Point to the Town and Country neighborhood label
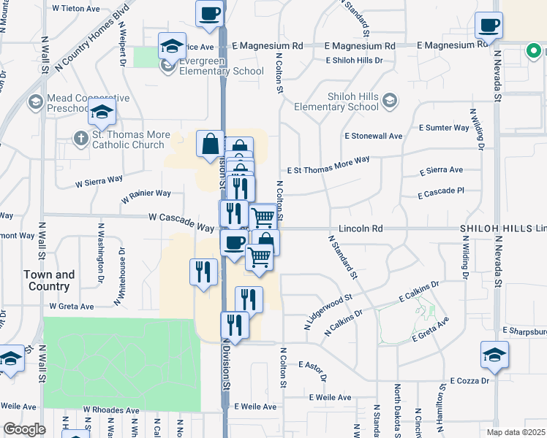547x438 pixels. coord(49,280)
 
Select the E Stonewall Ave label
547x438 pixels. coord(374,136)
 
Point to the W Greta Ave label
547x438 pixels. coord(72,307)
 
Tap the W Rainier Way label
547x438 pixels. coord(146,193)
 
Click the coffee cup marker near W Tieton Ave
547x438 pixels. coord(209,13)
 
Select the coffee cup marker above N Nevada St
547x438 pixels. coord(488,25)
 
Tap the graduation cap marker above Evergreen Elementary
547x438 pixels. coord(172,45)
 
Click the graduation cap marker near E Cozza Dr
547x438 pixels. coord(494,354)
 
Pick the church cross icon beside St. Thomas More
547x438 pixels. coord(81,137)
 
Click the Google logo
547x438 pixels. coord(24,429)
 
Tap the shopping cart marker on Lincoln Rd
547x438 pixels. coord(263,216)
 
